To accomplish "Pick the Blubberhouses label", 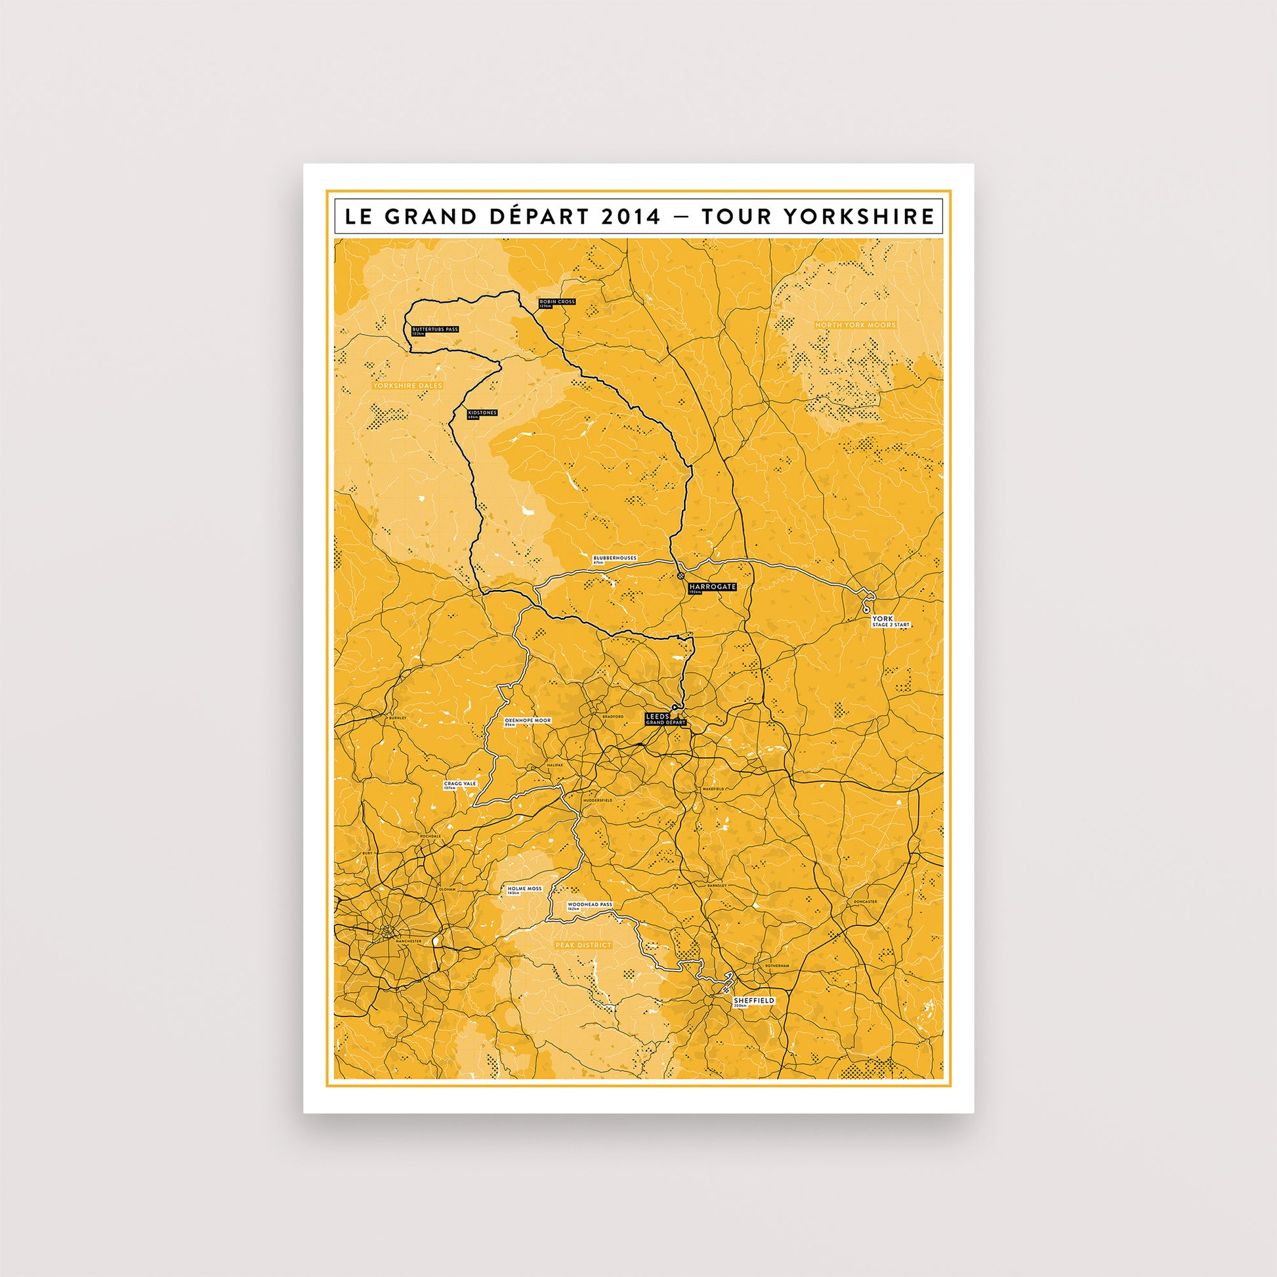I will (x=615, y=559).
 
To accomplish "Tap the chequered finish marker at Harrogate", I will (x=680, y=577).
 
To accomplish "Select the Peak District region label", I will (x=583, y=946).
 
